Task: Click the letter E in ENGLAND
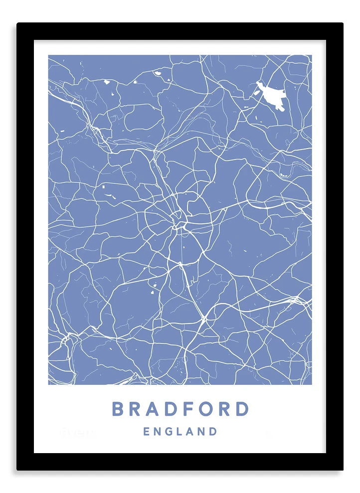(147, 432)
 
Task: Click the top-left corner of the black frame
(17, 23)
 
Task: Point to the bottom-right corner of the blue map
(311, 384)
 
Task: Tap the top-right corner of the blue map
(311, 55)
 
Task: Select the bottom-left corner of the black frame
(17, 470)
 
